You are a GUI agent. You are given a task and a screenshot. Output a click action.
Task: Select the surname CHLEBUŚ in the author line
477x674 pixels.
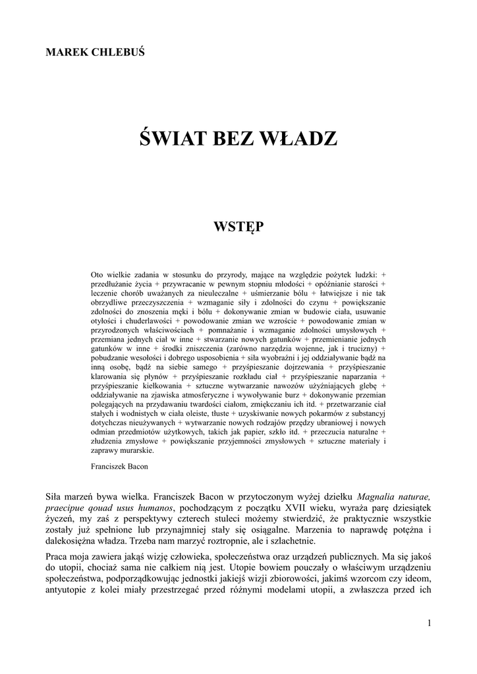118,52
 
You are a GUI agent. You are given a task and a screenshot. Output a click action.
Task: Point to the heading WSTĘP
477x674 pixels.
238,226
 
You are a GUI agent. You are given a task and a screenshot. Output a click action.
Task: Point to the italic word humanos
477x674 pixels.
154,508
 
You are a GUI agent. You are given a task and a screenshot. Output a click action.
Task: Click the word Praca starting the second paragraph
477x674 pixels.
59,556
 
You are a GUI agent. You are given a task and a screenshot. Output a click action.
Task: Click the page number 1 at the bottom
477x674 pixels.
429,623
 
